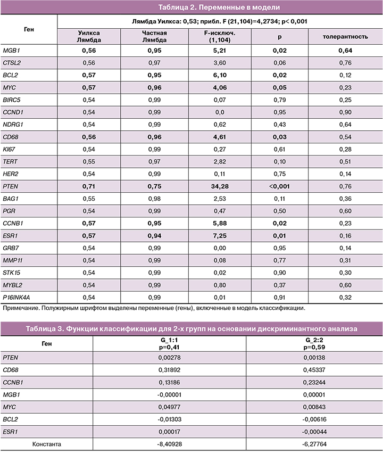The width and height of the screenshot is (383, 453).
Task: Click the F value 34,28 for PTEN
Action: click(x=220, y=186)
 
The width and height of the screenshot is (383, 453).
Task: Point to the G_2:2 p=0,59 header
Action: click(x=314, y=343)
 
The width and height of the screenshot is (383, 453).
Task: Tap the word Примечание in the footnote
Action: click(x=19, y=308)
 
